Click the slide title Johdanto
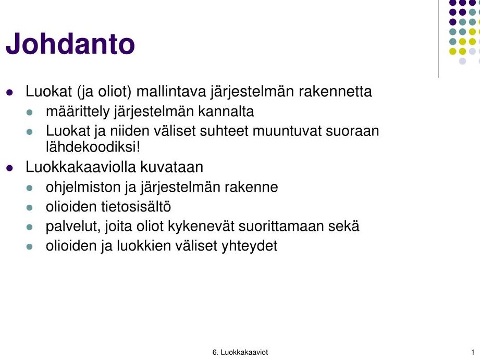[70, 44]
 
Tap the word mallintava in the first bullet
[171, 91]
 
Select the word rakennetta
[335, 91]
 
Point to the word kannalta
[226, 111]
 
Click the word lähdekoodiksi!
[93, 146]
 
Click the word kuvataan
[172, 167]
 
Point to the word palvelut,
[73, 227]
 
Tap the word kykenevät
[201, 227]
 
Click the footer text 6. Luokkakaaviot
[240, 352]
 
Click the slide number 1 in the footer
[473, 352]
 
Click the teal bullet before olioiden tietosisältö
[30, 208]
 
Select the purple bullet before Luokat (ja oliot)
[10, 92]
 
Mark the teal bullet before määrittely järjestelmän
[30, 113]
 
